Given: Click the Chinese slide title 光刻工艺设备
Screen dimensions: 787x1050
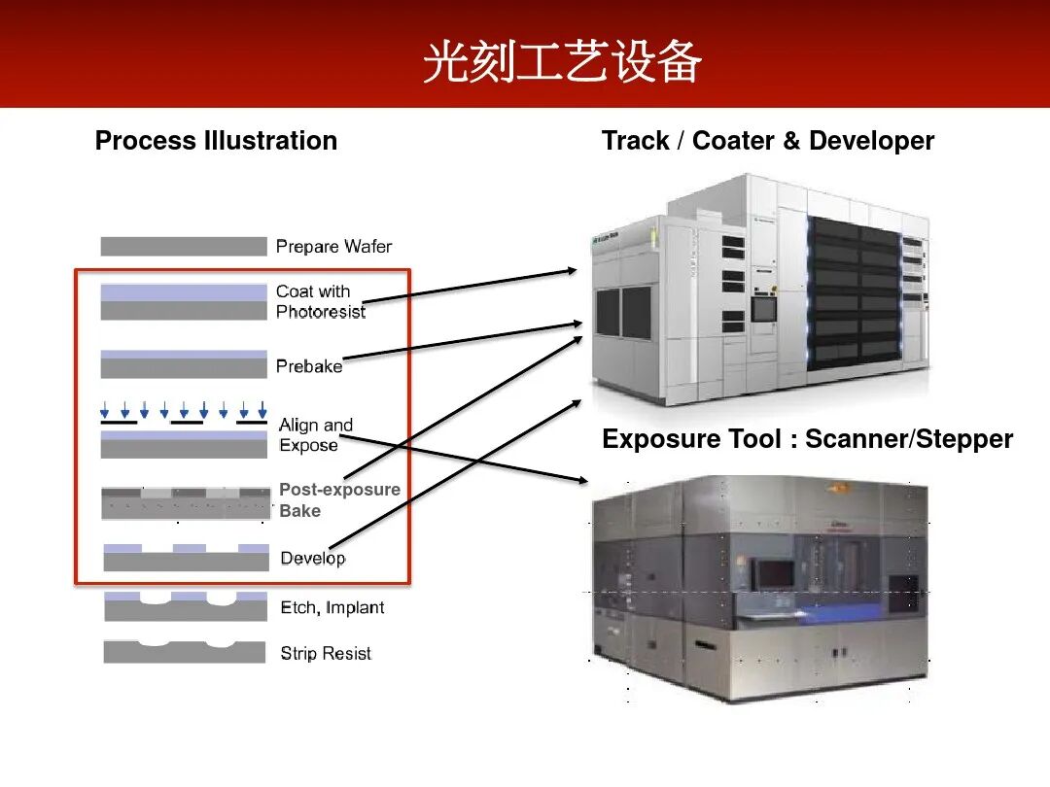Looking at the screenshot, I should pyautogui.click(x=562, y=64).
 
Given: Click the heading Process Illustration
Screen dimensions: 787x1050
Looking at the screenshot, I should pyautogui.click(x=216, y=141).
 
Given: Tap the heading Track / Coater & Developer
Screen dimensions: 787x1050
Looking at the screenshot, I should pyautogui.click(x=767, y=141).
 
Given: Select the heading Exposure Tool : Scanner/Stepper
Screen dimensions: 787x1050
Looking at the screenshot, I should pyautogui.click(x=807, y=439).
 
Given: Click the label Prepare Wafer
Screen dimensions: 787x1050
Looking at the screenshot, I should pyautogui.click(x=333, y=247).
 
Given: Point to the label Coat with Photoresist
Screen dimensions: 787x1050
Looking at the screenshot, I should pyautogui.click(x=320, y=301).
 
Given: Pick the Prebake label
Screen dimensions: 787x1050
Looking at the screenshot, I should pyautogui.click(x=309, y=366).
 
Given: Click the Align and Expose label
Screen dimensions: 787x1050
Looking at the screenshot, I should pyautogui.click(x=315, y=435).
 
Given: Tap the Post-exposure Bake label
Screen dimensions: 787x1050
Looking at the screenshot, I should pyautogui.click(x=339, y=500).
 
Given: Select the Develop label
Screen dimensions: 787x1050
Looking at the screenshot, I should pyautogui.click(x=312, y=558).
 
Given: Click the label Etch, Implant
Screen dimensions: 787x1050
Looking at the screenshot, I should pyautogui.click(x=332, y=608).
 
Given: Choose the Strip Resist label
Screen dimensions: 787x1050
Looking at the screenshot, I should pyautogui.click(x=326, y=654).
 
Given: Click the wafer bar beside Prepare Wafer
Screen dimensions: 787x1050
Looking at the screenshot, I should pyautogui.click(x=183, y=247).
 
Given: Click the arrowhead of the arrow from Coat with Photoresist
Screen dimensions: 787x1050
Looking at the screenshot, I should pyautogui.click(x=571, y=272).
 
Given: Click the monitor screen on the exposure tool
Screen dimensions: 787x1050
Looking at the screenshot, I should pyautogui.click(x=776, y=573).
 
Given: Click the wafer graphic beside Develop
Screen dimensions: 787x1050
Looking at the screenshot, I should pyautogui.click(x=186, y=558).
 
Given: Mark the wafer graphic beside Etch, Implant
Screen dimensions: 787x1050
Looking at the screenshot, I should pyautogui.click(x=185, y=607).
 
